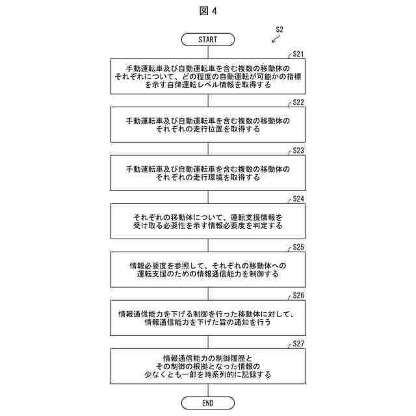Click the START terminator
[x=208, y=40]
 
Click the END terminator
[x=208, y=403]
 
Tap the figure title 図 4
[x=208, y=11]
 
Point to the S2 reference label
[x=280, y=29]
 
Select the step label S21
[x=298, y=55]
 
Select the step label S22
[x=298, y=103]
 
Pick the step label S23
[x=298, y=151]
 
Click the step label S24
[x=298, y=199]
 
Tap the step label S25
[x=298, y=247]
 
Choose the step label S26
[x=298, y=295]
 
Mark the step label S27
[x=298, y=343]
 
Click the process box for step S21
[x=208, y=77]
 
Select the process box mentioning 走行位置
[x=208, y=125]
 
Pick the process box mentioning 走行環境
[x=208, y=173]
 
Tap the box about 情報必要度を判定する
[x=208, y=221]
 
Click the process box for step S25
[x=208, y=269]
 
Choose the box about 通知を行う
[x=208, y=317]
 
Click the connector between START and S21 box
[x=208, y=52]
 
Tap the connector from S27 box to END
[x=208, y=390]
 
